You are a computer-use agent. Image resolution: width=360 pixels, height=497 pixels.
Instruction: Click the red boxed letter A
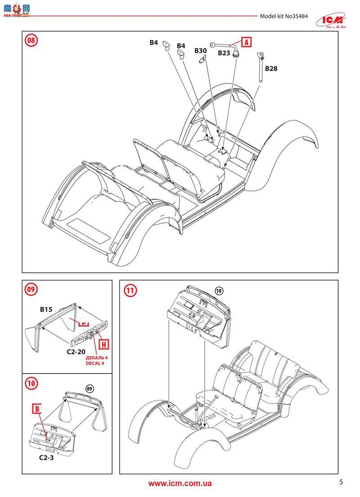pos(246,42)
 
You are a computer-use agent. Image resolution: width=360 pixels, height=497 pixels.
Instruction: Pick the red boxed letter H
pos(103,345)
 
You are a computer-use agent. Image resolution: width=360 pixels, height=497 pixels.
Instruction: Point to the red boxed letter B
pos(38,409)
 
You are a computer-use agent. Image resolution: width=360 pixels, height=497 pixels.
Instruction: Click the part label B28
pos(271,69)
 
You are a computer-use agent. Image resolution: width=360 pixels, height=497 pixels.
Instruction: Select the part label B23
pos(224,53)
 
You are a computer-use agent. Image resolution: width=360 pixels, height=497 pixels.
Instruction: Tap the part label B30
pos(201,51)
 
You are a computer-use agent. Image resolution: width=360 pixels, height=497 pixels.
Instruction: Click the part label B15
pos(46,309)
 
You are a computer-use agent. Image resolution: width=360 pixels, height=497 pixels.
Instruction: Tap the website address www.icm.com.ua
pos(180,483)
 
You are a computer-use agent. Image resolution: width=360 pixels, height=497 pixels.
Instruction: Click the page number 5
pos(341,482)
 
